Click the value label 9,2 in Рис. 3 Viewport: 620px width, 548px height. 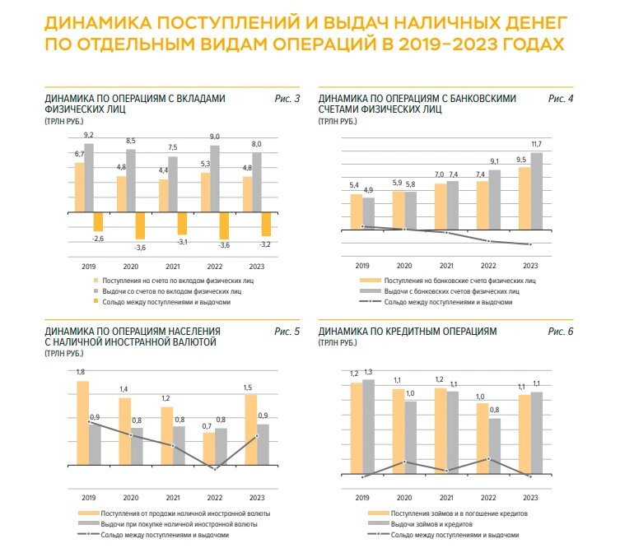pyautogui.click(x=89, y=135)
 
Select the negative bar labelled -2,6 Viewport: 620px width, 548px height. pyautogui.click(x=98, y=222)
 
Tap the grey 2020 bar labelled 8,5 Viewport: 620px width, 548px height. pyautogui.click(x=131, y=180)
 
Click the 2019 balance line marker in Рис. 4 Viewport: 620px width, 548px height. pyautogui.click(x=362, y=226)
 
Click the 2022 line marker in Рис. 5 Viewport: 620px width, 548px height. pyautogui.click(x=215, y=469)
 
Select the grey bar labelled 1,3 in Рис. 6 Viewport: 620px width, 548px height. pyautogui.click(x=368, y=428)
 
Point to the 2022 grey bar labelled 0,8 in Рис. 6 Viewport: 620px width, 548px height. pyautogui.click(x=494, y=448)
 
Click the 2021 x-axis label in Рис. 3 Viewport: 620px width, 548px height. pyautogui.click(x=173, y=266)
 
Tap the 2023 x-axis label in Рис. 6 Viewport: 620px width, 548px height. pyautogui.click(x=529, y=498)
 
